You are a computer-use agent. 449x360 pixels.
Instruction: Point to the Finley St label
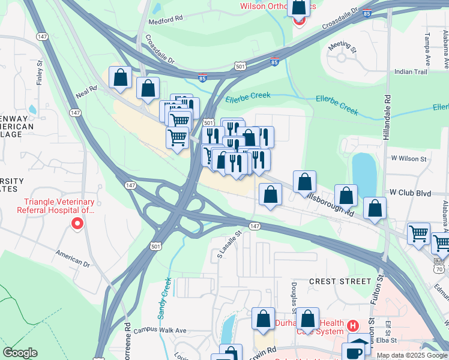40,71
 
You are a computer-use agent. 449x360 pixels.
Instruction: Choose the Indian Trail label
411,72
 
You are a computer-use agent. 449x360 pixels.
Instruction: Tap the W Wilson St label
408,159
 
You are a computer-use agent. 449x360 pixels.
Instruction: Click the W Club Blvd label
410,193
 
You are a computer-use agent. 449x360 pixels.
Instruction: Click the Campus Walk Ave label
160,330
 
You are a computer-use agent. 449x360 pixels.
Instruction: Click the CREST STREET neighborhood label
340,281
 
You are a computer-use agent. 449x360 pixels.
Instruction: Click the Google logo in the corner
20,353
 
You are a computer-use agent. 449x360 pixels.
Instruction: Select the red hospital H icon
353,326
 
